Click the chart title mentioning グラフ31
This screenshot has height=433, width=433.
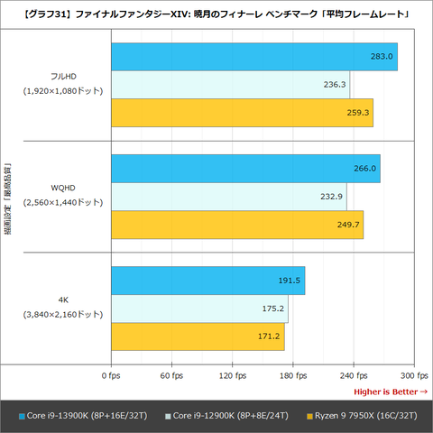pyautogui.click(x=216, y=14)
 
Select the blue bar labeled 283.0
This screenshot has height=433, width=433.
pyautogui.click(x=254, y=57)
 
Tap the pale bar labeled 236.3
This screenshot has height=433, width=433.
pyautogui.click(x=231, y=85)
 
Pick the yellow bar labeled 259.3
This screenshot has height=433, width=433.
pyautogui.click(x=243, y=113)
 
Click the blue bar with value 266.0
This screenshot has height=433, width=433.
pyautogui.click(x=246, y=169)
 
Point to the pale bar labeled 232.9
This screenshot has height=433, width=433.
pyautogui.click(x=229, y=197)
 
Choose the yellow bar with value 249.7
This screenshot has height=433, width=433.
pyautogui.click(x=237, y=225)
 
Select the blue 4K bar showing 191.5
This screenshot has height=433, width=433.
pyautogui.click(x=208, y=281)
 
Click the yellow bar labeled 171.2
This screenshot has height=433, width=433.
pyautogui.click(x=198, y=336)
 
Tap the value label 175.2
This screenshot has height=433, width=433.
pyautogui.click(x=273, y=309)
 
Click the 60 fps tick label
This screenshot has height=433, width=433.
pyautogui.click(x=171, y=375)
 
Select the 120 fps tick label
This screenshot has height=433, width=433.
pyautogui.click(x=233, y=375)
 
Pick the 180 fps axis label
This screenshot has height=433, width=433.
pyautogui.click(x=293, y=375)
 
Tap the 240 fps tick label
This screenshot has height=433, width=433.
pyautogui.click(x=354, y=375)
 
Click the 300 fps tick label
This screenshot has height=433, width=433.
pyautogui.click(x=414, y=375)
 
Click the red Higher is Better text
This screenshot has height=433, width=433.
pyautogui.click(x=391, y=392)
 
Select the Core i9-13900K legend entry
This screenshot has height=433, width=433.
pyautogui.click(x=83, y=416)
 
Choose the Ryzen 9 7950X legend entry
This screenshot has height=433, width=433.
pyautogui.click(x=362, y=416)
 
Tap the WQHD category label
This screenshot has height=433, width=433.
pyautogui.click(x=63, y=189)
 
